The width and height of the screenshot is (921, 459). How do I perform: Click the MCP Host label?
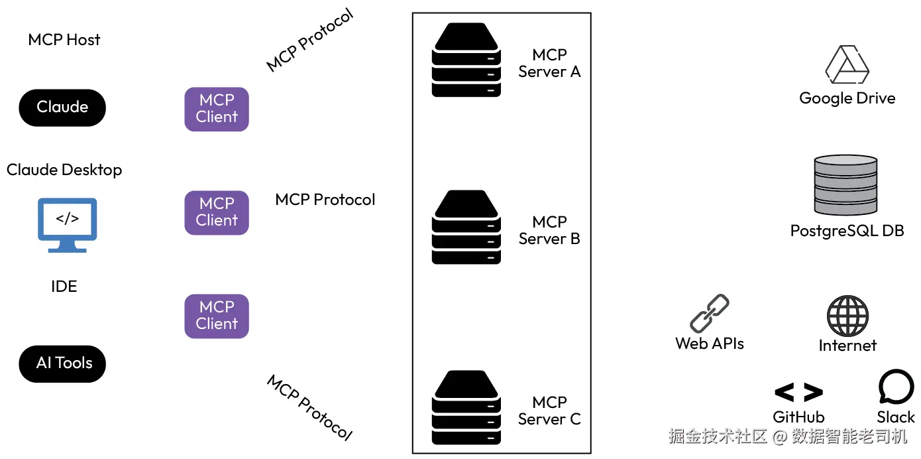pos(64,40)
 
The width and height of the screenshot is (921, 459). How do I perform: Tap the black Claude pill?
pos(62,107)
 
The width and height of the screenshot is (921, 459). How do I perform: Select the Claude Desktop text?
pos(64,170)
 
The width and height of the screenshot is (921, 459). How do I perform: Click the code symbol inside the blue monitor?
pos(68,219)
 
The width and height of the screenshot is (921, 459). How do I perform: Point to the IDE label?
pos(64,287)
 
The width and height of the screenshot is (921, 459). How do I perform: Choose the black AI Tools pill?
pos(62,363)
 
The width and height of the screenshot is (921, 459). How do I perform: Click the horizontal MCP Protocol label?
pos(325,200)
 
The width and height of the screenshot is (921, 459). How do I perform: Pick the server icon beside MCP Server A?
pos(466,60)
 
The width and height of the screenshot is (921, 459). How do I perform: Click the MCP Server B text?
pos(549,230)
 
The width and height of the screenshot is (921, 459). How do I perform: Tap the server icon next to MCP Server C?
pos(466,407)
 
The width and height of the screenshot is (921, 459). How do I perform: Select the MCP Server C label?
pos(549,411)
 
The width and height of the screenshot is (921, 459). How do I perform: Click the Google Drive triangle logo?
pos(847,64)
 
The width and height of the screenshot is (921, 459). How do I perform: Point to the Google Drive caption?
pos(847,99)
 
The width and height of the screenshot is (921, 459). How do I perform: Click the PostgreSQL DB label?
pos(847,231)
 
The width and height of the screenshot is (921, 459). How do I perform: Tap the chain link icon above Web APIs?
pos(710,314)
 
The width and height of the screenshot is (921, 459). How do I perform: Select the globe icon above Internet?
pos(847,316)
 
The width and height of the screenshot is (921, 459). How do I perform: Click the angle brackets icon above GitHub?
pos(798,393)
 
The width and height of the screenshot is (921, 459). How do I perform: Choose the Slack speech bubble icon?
pos(896,387)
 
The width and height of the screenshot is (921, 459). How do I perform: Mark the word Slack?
pos(896,417)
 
